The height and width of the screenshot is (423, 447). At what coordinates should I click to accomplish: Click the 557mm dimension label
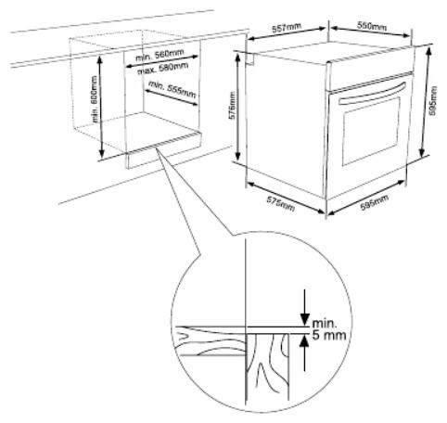pos(287,28)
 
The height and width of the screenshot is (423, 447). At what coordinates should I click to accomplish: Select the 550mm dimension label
pos(372,26)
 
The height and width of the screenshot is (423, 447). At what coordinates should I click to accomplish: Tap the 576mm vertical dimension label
pos(233,106)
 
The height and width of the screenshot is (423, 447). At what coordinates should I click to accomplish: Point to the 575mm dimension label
pos(281,204)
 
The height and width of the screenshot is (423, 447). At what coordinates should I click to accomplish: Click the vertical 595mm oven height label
pos(433,101)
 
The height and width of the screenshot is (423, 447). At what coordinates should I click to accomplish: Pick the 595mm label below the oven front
pos(375,203)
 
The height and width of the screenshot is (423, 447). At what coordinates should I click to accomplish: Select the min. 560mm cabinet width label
pos(160,55)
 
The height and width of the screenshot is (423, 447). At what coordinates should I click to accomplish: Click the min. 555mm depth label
pos(172,89)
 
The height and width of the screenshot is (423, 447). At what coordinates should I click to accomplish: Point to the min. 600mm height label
pos(95,99)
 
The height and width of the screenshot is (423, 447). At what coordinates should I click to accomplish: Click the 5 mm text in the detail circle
pos(329,335)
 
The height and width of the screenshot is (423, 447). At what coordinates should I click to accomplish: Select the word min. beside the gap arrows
pos(325,324)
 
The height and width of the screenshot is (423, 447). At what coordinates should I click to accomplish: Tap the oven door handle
pos(372,94)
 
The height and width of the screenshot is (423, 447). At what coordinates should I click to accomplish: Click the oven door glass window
pos(371,132)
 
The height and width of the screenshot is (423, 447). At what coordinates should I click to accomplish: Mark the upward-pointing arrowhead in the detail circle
pos(305,341)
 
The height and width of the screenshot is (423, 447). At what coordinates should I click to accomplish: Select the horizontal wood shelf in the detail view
pos(211,340)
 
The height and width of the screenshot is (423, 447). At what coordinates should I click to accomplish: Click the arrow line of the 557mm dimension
pos(287,33)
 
